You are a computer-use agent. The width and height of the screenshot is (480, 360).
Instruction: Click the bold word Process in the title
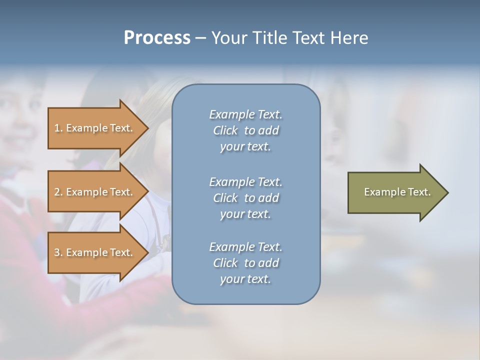coord(157,38)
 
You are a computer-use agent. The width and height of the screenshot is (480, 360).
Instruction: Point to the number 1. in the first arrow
coord(58,128)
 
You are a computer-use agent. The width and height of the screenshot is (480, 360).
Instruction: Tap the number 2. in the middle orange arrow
coord(58,192)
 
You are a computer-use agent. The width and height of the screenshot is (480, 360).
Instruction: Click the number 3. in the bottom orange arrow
coord(58,252)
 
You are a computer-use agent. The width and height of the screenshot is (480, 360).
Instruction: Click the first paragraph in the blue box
coord(245,130)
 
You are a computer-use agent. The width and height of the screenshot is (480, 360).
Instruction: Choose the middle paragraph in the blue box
coord(245,198)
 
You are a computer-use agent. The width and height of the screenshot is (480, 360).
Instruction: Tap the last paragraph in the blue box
coord(245,263)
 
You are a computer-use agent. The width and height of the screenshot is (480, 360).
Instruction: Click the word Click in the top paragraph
coord(225,130)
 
